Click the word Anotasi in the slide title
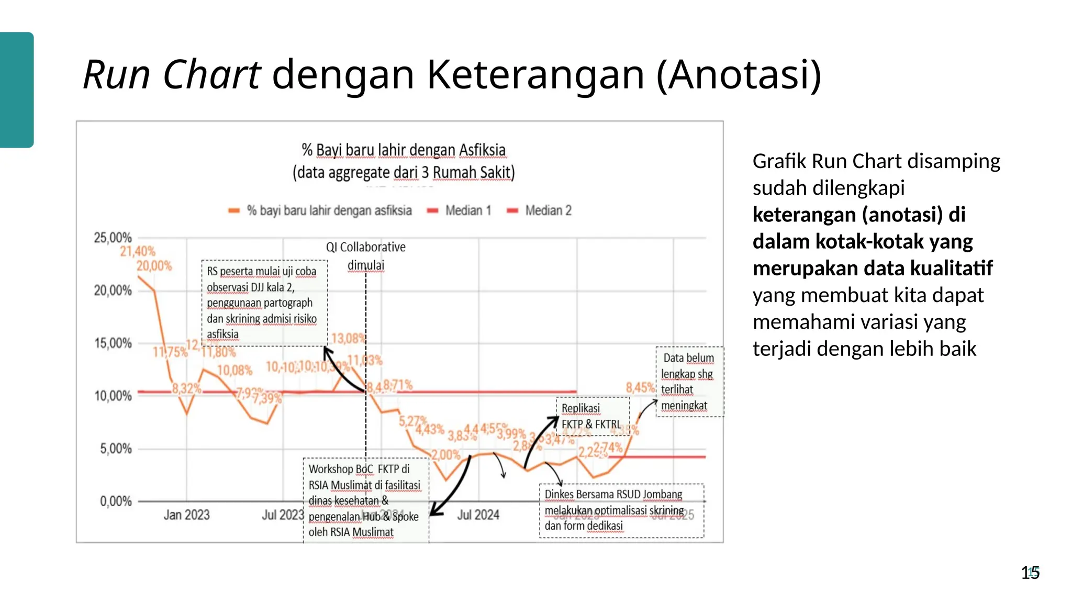pyautogui.click(x=738, y=75)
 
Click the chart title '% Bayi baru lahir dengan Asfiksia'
pyautogui.click(x=404, y=150)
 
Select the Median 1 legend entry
pyautogui.click(x=468, y=210)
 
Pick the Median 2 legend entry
pyautogui.click(x=548, y=210)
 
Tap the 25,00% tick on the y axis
pyautogui.click(x=113, y=238)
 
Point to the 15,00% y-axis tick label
pyautogui.click(x=113, y=343)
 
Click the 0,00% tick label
pyautogui.click(x=116, y=501)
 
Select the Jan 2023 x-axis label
pyautogui.click(x=186, y=515)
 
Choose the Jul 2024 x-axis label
pyautogui.click(x=478, y=515)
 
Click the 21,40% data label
pyautogui.click(x=138, y=251)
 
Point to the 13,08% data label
pyautogui.click(x=348, y=339)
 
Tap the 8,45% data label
pyautogui.click(x=640, y=388)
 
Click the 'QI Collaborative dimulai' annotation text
pyautogui.click(x=366, y=256)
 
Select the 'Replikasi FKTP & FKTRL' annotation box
pyautogui.click(x=592, y=416)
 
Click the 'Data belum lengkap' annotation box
pyautogui.click(x=689, y=382)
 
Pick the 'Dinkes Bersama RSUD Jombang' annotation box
pyautogui.click(x=621, y=510)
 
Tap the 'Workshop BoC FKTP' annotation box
pyautogui.click(x=365, y=500)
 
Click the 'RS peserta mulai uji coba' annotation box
pyautogui.click(x=264, y=303)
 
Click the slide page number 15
pyautogui.click(x=1030, y=573)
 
